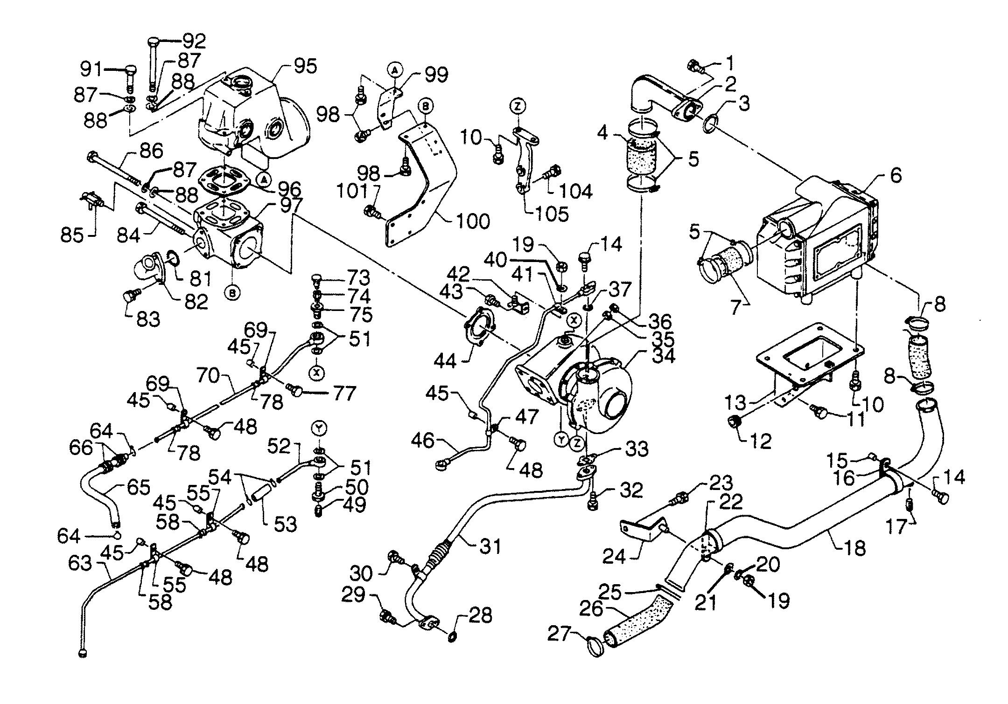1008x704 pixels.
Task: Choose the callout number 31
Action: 489,545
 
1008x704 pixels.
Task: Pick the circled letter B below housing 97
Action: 232,292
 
